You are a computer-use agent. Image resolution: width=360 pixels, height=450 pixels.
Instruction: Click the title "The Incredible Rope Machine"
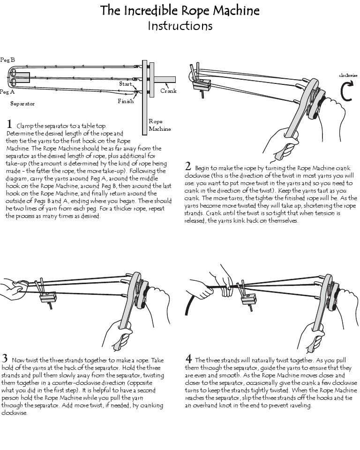[x=180, y=10]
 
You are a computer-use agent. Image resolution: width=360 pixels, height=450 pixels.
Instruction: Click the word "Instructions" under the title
[x=180, y=26]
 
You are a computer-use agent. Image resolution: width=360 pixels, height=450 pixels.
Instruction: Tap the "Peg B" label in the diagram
[x=7, y=60]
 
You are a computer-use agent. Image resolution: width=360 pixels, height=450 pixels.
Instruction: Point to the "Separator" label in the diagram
[x=22, y=104]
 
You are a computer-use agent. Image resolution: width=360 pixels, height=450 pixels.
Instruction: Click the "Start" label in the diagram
[x=126, y=83]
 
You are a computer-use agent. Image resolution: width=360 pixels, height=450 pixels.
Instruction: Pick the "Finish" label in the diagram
[x=126, y=101]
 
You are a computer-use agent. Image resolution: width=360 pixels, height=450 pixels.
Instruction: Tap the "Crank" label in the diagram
[x=168, y=91]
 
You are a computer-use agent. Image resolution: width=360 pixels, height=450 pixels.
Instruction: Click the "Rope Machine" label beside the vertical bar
[x=159, y=125]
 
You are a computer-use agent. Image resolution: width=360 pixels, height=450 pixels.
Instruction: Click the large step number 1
[x=9, y=125]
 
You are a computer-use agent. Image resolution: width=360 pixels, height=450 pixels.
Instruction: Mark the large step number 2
[x=188, y=166]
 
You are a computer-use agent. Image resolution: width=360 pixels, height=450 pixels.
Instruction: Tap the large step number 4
[x=188, y=359]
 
